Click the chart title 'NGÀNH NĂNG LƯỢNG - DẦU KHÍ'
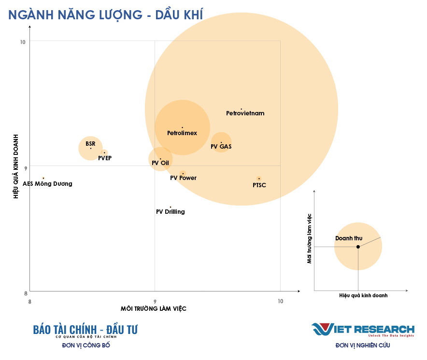[105, 14]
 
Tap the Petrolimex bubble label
[182, 133]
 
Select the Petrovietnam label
[245, 113]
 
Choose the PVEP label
[105, 158]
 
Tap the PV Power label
[183, 178]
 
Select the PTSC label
[259, 185]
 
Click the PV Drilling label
[171, 212]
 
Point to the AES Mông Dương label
[47, 184]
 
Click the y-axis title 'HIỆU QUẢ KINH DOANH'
[15, 166]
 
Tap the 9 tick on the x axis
[155, 302]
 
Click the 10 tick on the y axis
[22, 42]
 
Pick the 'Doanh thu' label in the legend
[349, 238]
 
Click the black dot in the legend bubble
[358, 247]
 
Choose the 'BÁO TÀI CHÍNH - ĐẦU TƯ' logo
[85, 330]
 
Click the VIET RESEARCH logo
[363, 329]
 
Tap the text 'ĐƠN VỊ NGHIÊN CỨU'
[363, 346]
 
